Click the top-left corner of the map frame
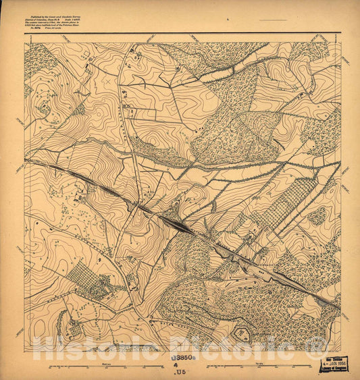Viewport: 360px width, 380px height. pyautogui.click(x=25, y=43)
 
